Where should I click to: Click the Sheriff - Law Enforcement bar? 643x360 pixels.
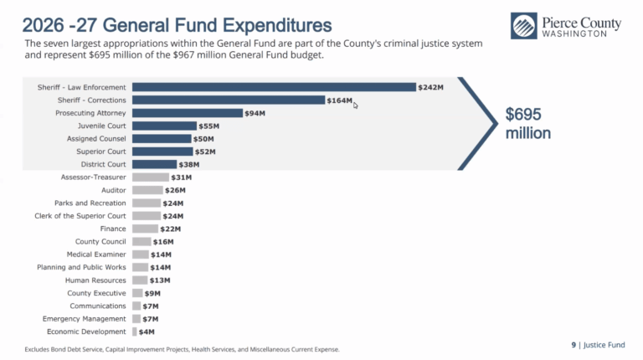[274, 87]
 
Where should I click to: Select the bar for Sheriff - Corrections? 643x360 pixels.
[229, 100]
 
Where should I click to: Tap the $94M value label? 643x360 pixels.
[255, 113]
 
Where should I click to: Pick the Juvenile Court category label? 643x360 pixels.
[101, 126]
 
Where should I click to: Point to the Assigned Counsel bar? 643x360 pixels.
[162, 139]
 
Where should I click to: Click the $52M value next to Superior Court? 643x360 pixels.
[205, 152]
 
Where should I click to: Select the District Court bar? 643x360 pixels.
[154, 164]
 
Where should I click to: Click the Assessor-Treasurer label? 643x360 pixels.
[94, 177]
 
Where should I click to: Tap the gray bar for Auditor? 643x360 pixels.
[147, 190]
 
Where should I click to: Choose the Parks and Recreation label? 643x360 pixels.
[90, 203]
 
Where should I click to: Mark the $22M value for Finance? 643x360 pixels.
[170, 229]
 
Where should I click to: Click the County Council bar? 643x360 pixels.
[141, 241]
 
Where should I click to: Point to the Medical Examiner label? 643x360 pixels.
[96, 255]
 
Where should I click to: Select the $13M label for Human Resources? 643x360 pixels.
[160, 280]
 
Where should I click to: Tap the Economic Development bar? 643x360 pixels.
[135, 332]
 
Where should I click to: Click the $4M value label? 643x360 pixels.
[147, 332]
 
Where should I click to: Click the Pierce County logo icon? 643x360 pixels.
[523, 26]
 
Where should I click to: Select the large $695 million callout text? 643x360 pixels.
[527, 123]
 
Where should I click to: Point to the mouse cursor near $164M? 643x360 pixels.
[356, 105]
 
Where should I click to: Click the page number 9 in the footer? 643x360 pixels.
[574, 345]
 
